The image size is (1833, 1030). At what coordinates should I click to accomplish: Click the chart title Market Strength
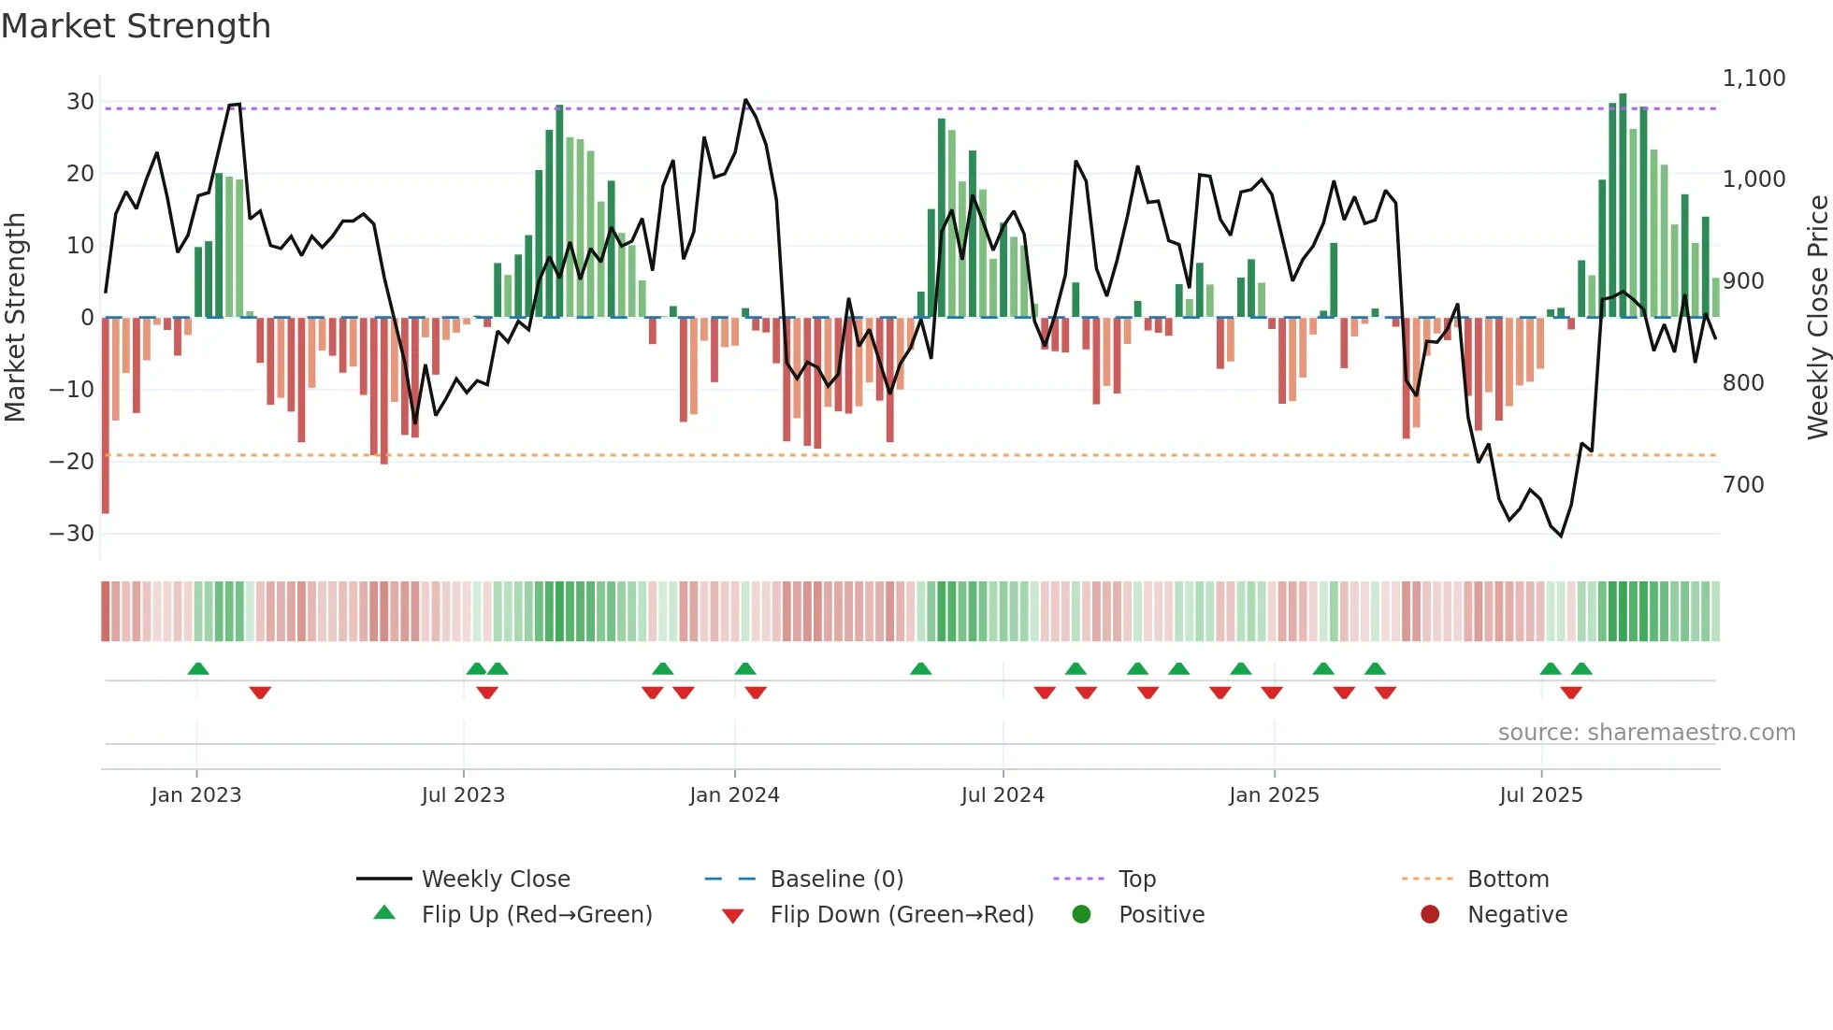pos(136,26)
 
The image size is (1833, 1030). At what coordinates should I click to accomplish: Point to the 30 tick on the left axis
pos(80,101)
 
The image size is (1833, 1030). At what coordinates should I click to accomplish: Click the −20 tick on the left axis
pos(73,461)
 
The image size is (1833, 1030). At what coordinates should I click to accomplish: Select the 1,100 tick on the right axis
pos(1754,79)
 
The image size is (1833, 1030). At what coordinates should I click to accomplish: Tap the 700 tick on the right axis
pos(1743,485)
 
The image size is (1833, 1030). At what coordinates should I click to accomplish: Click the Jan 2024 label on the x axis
pos(734,795)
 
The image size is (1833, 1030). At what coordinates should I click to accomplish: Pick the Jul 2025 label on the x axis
pos(1540,795)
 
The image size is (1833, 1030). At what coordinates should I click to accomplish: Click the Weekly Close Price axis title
pos(1817,318)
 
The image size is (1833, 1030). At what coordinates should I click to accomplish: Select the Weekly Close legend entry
pos(495,880)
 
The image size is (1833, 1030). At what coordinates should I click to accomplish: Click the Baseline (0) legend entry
pos(836,880)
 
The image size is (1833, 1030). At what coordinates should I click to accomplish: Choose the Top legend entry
pos(1136,880)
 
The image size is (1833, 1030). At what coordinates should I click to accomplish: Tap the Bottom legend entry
pos(1508,880)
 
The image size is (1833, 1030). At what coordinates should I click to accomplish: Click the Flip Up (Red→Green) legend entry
pos(536,915)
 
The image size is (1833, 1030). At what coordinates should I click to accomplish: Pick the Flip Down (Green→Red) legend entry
pos(902,915)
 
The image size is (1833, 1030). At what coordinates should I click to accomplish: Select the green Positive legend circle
pos(1082,915)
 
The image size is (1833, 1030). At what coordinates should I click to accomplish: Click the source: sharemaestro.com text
pos(1646,733)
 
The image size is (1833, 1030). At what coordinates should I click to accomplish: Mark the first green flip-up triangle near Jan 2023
pos(198,668)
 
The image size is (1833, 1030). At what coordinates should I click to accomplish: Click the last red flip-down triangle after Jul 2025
pos(1571,693)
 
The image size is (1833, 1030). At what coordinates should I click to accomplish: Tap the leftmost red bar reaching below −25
pos(106,416)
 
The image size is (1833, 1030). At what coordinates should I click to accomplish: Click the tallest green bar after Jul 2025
pos(1623,206)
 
